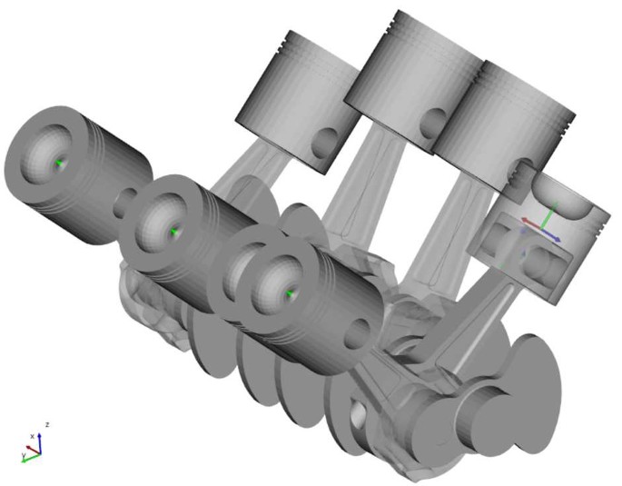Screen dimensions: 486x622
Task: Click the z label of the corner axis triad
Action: (x=46, y=424)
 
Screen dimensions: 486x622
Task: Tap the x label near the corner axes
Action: (x=32, y=436)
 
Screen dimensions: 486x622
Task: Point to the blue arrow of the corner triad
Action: (x=40, y=437)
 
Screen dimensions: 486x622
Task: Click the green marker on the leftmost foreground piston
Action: (x=60, y=163)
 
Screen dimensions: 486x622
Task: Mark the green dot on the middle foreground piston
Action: (x=174, y=233)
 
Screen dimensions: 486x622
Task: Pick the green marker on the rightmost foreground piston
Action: (x=289, y=293)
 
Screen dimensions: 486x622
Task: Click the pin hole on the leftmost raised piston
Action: (x=326, y=140)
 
